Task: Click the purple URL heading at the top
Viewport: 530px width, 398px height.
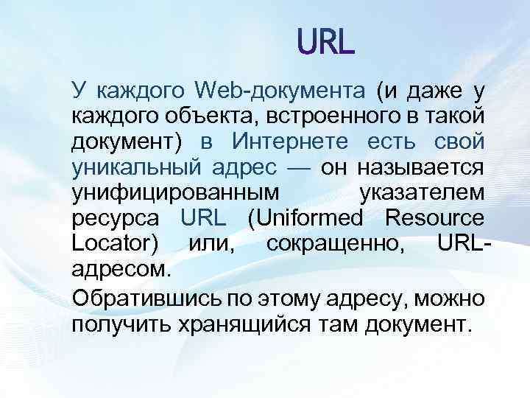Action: tap(326, 42)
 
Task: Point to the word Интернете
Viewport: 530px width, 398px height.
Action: tap(279, 141)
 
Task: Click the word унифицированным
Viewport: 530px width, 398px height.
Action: tap(175, 192)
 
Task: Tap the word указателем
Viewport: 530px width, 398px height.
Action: tap(421, 192)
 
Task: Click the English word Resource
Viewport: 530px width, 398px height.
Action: tap(435, 217)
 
